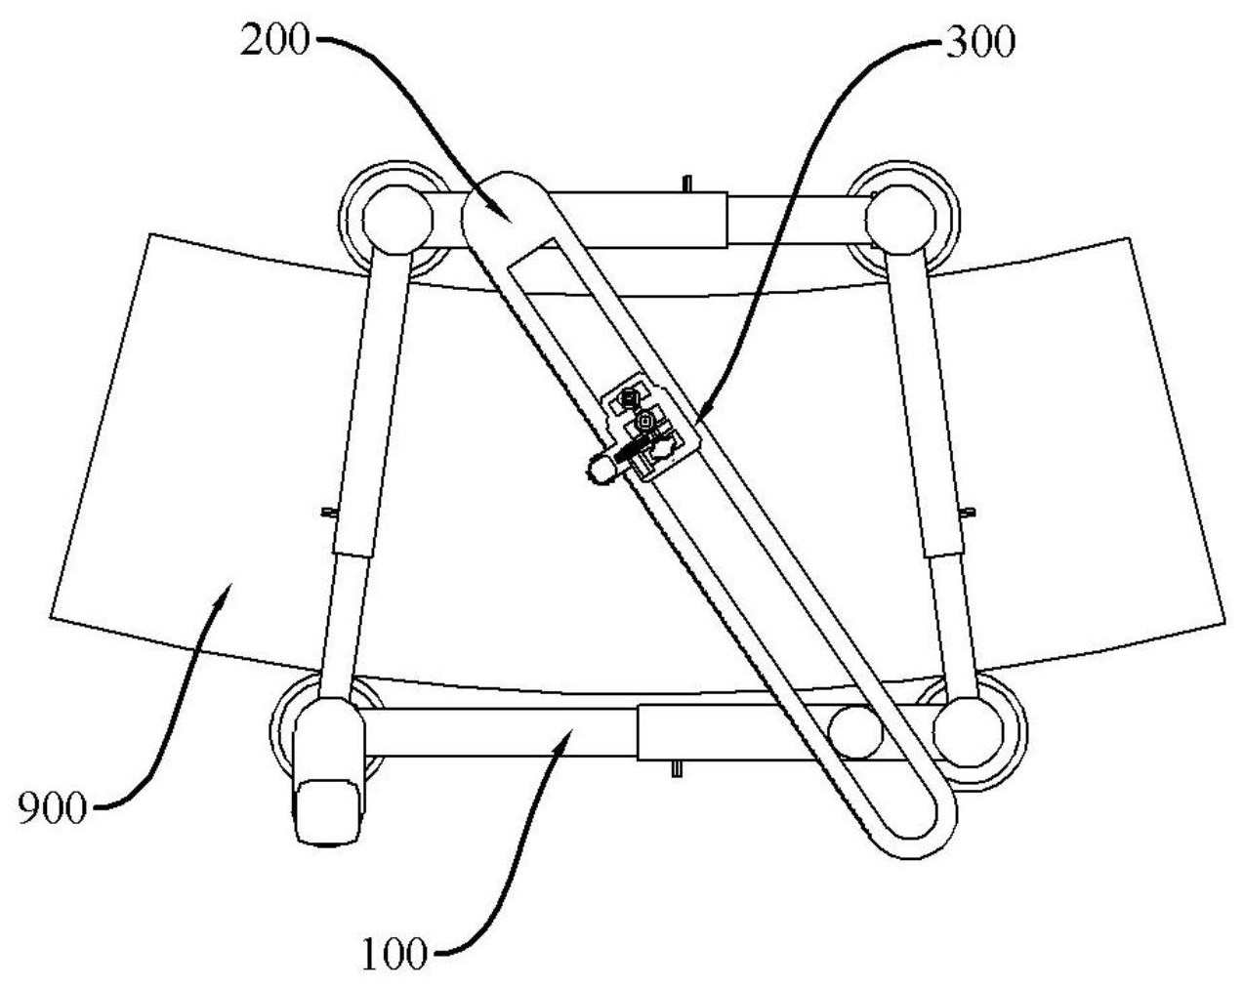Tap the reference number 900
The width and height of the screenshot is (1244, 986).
(54, 808)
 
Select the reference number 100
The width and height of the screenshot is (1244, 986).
(395, 954)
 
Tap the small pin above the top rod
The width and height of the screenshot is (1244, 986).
(690, 183)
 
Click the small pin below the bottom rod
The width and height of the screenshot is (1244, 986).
(676, 770)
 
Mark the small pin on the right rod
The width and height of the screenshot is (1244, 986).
(970, 511)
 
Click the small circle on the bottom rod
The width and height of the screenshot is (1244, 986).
(854, 731)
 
